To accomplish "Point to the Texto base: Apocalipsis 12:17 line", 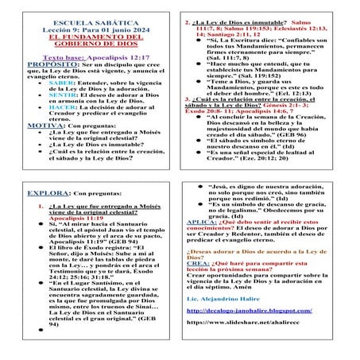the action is [x=89, y=60].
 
